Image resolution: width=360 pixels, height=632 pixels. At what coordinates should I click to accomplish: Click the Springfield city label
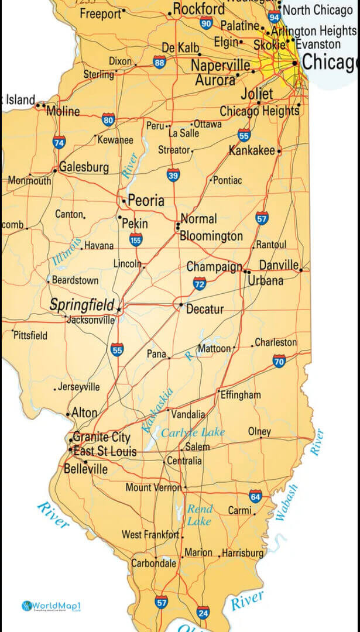pos(81,305)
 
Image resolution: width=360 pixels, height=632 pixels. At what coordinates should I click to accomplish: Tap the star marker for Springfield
pos(119,308)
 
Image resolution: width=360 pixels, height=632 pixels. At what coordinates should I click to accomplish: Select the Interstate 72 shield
pos(200,284)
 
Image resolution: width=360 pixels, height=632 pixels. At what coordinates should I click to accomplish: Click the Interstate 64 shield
pos(255,497)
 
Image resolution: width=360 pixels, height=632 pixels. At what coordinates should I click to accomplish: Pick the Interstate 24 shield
pos(203,612)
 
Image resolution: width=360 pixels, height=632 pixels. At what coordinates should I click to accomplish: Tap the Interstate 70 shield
pos(279,361)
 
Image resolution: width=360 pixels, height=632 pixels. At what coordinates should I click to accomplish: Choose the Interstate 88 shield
pos(159,63)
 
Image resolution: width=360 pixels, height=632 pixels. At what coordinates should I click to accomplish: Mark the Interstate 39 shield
pos(173,174)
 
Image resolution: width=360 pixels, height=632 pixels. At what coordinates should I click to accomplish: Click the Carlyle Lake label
pos(193,432)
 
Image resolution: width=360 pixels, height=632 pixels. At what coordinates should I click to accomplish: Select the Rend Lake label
pos(200,515)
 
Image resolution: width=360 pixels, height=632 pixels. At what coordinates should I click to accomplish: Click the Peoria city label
pos(146,201)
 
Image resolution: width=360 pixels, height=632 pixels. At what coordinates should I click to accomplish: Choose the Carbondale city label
pos(153,564)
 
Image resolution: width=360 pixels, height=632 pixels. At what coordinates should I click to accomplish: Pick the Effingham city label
pos(241,395)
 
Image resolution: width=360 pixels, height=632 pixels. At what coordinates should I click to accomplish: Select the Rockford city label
pos(198,9)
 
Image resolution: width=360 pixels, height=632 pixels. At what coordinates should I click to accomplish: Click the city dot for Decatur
pos(181,305)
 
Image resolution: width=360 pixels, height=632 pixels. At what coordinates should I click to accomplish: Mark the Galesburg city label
pos(84,167)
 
